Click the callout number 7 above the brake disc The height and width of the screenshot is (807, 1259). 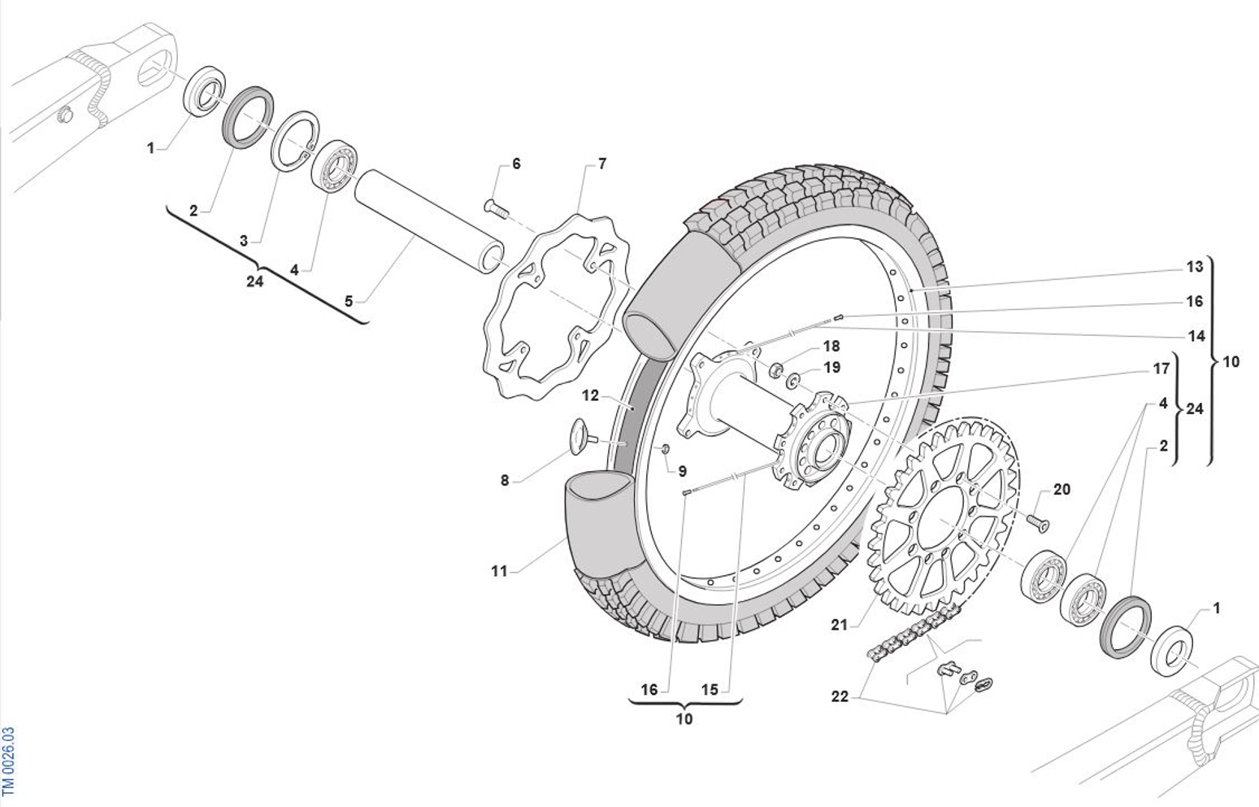pyautogui.click(x=601, y=164)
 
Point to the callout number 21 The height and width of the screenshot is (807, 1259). pyautogui.click(x=839, y=625)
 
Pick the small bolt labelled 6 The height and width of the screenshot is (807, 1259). pyautogui.click(x=496, y=208)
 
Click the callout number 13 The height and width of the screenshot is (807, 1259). pyautogui.click(x=1194, y=267)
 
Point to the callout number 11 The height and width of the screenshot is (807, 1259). pyautogui.click(x=499, y=571)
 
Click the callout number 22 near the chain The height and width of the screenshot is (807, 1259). pyautogui.click(x=840, y=696)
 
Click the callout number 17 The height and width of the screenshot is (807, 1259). pyautogui.click(x=1161, y=369)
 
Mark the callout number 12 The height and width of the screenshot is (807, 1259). pyautogui.click(x=590, y=395)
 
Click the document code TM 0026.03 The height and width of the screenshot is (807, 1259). pyautogui.click(x=8, y=761)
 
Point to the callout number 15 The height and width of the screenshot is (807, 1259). pyautogui.click(x=710, y=690)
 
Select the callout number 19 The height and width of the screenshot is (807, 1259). pyautogui.click(x=831, y=368)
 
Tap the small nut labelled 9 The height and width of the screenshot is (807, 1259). pyautogui.click(x=664, y=449)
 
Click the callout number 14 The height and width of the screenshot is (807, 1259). pyautogui.click(x=1196, y=336)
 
